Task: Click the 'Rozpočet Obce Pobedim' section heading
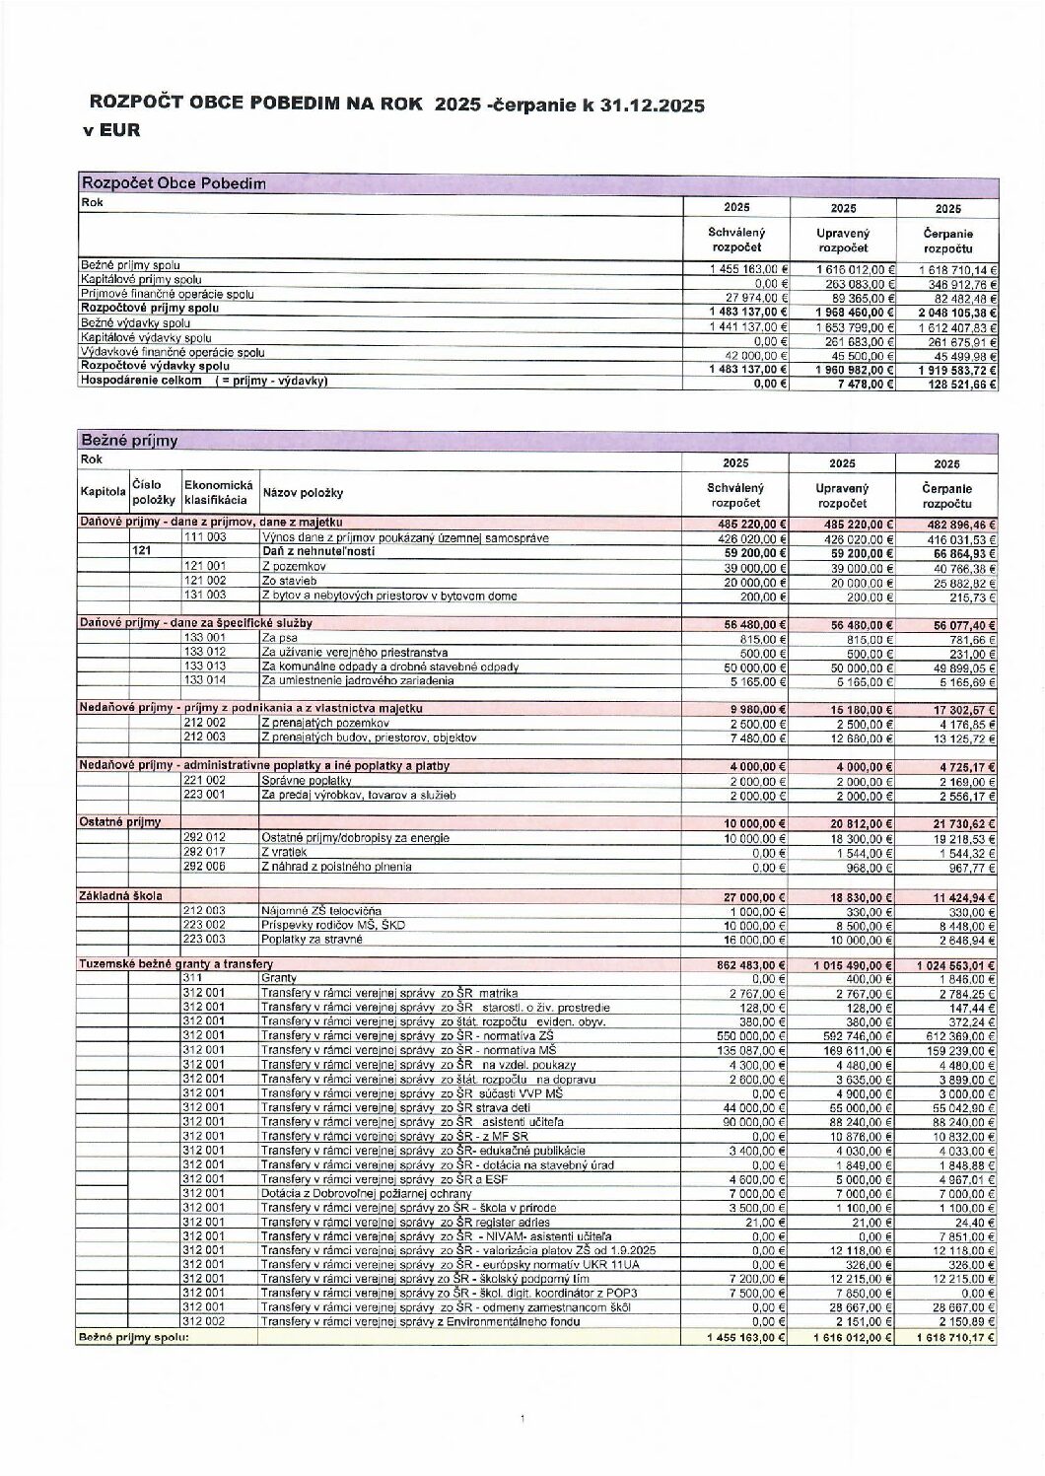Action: tap(174, 183)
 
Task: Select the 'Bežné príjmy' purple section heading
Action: tap(129, 441)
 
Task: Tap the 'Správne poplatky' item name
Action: tap(307, 780)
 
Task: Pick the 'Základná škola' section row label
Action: tap(121, 895)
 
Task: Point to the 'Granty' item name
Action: tap(273, 977)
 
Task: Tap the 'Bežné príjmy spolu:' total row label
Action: tap(133, 1337)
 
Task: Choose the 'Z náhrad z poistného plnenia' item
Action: tap(336, 867)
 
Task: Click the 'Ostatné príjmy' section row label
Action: tap(119, 821)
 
